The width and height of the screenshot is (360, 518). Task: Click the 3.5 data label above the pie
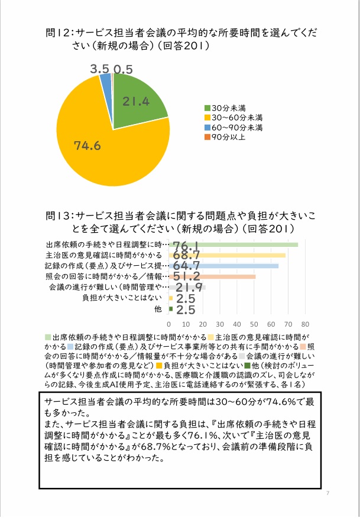(99, 69)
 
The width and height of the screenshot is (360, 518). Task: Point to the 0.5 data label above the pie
(123, 69)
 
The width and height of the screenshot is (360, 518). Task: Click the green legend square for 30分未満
(207, 108)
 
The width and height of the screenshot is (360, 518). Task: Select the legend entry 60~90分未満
(233, 128)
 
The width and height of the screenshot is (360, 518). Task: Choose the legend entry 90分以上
(225, 137)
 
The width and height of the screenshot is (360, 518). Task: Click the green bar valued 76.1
(233, 245)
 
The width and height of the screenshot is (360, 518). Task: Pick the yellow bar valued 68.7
(227, 255)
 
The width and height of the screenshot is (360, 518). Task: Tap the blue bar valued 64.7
(224, 266)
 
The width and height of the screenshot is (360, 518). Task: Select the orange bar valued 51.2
(212, 276)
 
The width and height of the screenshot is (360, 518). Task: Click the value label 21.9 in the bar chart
(189, 288)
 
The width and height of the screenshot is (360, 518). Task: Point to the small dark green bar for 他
(171, 308)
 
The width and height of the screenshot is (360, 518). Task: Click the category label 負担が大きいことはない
(122, 298)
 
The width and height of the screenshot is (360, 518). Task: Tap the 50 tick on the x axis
(254, 324)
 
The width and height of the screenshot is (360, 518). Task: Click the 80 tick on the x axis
(305, 324)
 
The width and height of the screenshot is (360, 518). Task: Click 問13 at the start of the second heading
(58, 216)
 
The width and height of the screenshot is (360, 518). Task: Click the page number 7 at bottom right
(327, 493)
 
